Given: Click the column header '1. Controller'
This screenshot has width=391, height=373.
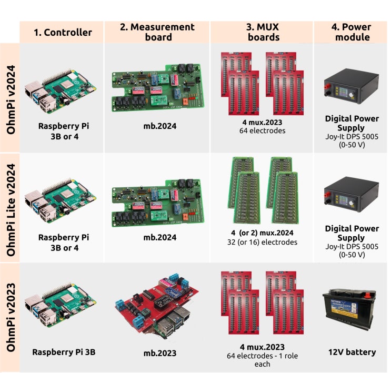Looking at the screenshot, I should (x=62, y=32).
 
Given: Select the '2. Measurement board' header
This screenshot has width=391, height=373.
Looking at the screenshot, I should (x=157, y=32).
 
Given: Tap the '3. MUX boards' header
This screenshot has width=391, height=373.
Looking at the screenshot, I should (x=262, y=32).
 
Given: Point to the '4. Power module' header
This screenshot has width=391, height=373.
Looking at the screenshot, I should (x=351, y=32).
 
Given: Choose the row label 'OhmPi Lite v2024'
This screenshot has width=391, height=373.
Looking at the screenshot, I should (x=10, y=208).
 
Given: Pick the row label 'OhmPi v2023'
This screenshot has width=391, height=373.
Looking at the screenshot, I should (x=10, y=318).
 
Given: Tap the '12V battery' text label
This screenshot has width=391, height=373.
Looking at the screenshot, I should (x=351, y=352).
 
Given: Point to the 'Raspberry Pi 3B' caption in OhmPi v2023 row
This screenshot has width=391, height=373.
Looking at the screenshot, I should (x=62, y=352).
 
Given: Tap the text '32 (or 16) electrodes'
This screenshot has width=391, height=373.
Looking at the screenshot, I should (x=262, y=243).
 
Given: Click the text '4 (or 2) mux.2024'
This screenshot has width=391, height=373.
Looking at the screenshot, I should (x=262, y=233).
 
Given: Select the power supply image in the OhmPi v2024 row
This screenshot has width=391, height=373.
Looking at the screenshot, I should (x=351, y=85).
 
